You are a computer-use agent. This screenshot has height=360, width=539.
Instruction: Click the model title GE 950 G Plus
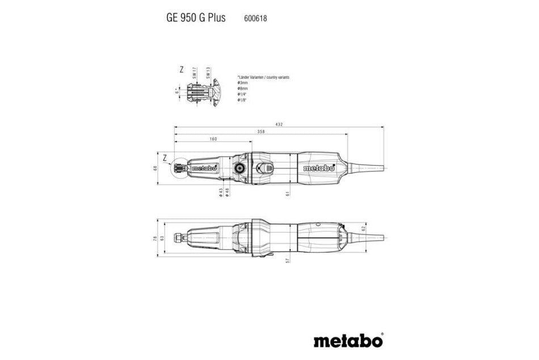click(x=196, y=18)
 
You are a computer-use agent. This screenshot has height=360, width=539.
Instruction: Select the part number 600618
click(x=255, y=18)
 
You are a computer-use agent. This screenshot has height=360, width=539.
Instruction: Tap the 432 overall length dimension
click(x=279, y=124)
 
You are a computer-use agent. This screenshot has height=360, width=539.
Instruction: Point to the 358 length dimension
click(x=260, y=131)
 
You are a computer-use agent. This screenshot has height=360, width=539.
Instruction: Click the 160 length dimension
click(x=212, y=139)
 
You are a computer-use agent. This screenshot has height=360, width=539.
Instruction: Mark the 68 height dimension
click(x=154, y=168)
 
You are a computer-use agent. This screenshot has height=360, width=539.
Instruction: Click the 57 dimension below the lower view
click(x=288, y=260)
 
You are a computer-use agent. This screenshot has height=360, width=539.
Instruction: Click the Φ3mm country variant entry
click(x=243, y=83)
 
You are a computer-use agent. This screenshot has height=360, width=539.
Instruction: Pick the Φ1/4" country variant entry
click(x=243, y=94)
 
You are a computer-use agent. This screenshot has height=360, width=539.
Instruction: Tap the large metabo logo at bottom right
click(x=347, y=340)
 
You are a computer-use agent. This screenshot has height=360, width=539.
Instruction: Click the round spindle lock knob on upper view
click(x=238, y=168)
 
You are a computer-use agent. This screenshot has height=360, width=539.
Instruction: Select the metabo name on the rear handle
click(x=318, y=168)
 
